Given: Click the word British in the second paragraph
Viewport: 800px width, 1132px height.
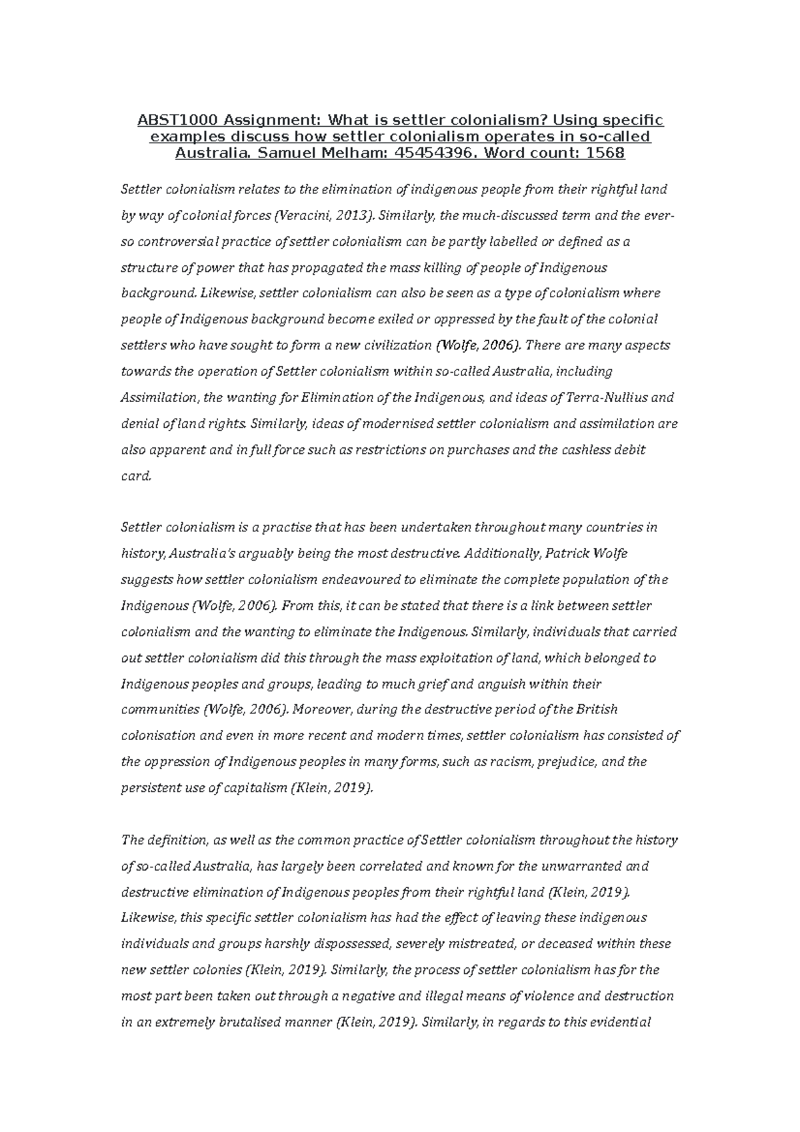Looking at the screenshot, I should pos(595,710).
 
